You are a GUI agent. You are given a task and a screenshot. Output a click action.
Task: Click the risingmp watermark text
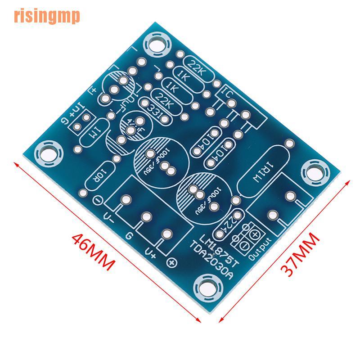coord(47,16)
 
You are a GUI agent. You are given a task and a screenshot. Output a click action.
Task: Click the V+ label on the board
coord(150,253)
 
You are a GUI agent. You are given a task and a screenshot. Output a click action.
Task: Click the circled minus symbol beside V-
coord(98,200)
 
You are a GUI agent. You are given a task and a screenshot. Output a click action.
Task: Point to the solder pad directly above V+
coord(166,234)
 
